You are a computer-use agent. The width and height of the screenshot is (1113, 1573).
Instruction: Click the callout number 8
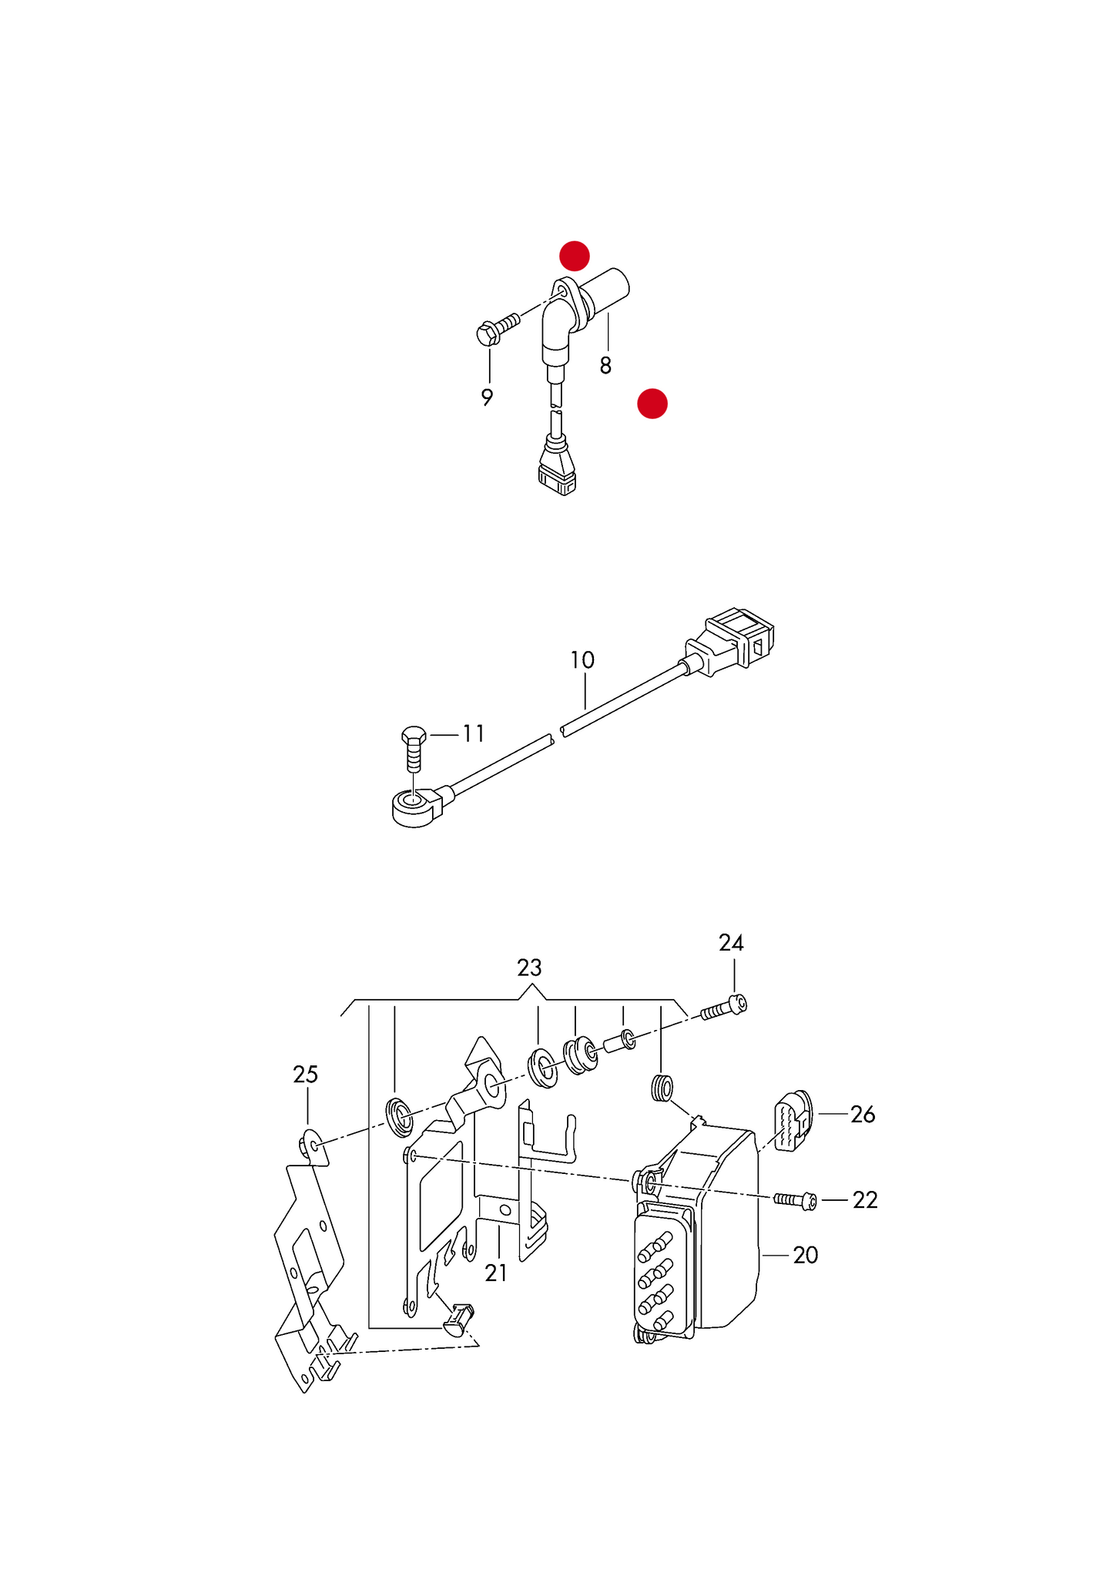605,366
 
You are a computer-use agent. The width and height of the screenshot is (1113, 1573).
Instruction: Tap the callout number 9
487,397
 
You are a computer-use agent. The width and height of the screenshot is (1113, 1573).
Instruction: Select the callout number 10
582,660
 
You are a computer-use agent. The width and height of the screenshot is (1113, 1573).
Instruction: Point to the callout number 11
474,734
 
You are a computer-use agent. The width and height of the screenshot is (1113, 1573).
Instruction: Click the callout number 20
806,1256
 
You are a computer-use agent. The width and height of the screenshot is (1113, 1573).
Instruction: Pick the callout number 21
496,1273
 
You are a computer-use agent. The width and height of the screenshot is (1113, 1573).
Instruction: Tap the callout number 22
865,1200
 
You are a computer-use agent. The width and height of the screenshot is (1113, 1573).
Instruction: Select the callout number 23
529,968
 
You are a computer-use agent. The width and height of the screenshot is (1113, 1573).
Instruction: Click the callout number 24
731,943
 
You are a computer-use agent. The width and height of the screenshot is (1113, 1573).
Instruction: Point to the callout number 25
305,1075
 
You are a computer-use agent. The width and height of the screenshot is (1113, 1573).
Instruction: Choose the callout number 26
863,1115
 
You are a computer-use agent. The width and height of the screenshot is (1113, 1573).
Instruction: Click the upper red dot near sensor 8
575,256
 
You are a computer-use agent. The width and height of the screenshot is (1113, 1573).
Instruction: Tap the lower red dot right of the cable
652,404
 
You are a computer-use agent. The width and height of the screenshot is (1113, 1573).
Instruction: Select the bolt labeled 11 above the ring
414,747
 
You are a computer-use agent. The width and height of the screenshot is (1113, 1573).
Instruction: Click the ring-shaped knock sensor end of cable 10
416,810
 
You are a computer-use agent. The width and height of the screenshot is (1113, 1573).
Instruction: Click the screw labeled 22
796,1200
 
